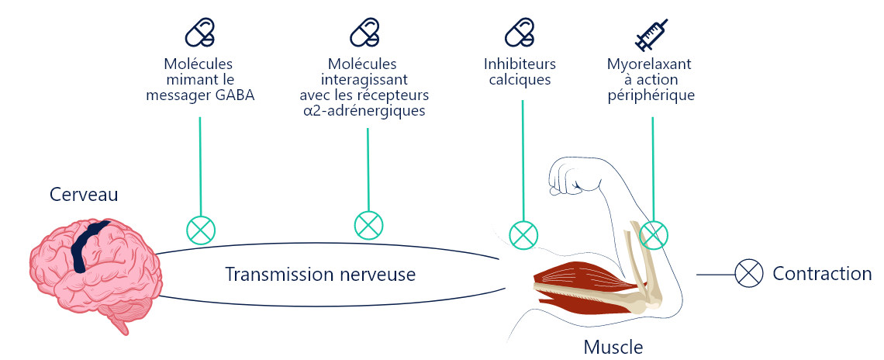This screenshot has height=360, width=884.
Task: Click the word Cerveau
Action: coord(84,195)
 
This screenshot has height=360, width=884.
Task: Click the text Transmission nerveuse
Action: coord(319,275)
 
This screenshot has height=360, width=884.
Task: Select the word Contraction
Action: coord(822,274)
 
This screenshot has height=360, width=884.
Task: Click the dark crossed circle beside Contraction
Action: coord(748,274)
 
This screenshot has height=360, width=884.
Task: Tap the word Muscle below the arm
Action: coord(613,347)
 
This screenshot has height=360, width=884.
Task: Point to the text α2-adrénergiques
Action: coord(364,111)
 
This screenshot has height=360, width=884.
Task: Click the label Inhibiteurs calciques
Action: coord(520,72)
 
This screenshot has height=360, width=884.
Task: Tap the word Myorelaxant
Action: coord(649,64)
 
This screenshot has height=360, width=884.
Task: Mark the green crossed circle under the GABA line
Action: coord(200,230)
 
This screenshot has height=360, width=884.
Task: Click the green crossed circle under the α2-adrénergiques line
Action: coord(368,225)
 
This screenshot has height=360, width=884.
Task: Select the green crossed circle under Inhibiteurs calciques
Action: coord(523,234)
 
